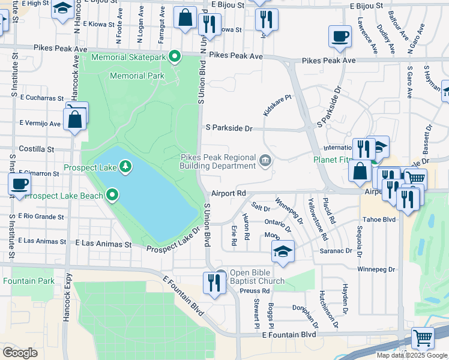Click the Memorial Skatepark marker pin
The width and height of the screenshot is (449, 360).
click(x=175, y=57)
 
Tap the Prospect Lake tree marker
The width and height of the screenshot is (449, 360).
click(x=125, y=165)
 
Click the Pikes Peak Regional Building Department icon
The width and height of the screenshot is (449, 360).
click(x=265, y=160)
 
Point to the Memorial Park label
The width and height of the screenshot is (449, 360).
click(x=137, y=76)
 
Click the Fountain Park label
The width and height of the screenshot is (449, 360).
click(x=28, y=281)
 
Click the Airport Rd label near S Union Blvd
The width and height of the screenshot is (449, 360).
click(x=229, y=193)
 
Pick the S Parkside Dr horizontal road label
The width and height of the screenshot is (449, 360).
click(x=229, y=128)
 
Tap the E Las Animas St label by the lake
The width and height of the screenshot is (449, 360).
click(x=103, y=244)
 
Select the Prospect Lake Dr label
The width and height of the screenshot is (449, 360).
click(x=173, y=241)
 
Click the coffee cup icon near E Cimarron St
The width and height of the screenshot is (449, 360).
click(x=19, y=184)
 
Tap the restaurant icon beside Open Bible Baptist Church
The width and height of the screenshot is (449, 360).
click(x=214, y=283)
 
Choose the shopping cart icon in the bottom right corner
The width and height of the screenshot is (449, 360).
click(x=423, y=338)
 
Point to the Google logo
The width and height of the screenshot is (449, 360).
click(x=20, y=353)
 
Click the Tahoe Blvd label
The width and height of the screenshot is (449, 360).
click(x=382, y=219)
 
